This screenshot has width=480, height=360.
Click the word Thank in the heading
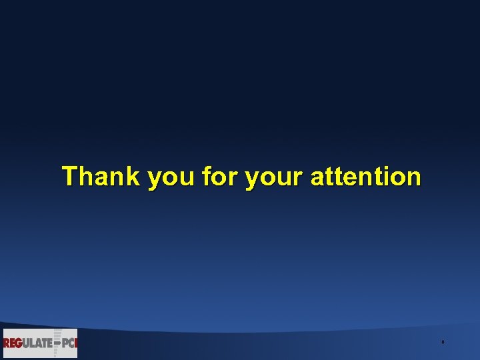pyautogui.click(x=101, y=177)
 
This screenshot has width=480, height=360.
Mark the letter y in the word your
pyautogui.click(x=252, y=180)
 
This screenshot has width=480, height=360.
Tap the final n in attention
pyautogui.click(x=413, y=178)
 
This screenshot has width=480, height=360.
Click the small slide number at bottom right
pyautogui.click(x=443, y=343)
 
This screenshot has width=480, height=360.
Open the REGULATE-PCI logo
pyautogui.click(x=40, y=343)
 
